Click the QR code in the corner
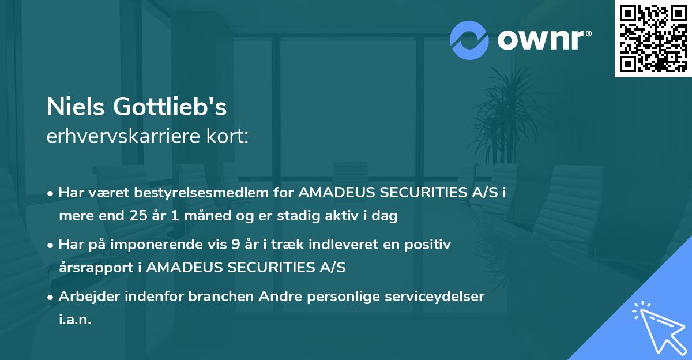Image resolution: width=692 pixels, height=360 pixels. coord(653,39)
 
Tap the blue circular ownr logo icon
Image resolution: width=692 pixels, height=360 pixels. coord(469,40)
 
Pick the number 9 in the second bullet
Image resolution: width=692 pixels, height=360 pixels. coord(236,245)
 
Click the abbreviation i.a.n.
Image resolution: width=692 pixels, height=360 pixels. coord(75,319)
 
